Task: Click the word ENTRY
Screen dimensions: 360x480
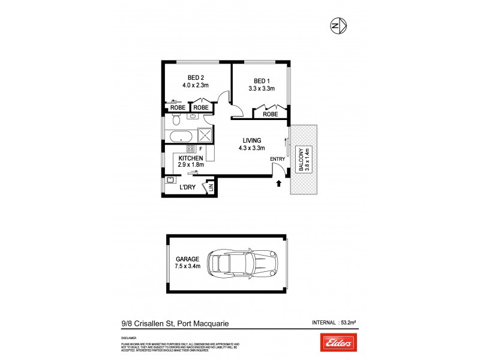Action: [x=278, y=158]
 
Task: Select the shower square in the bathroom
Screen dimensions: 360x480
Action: [x=205, y=135]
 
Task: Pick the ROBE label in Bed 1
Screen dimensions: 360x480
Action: [x=271, y=113]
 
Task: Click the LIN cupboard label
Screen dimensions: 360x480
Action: [x=211, y=188]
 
